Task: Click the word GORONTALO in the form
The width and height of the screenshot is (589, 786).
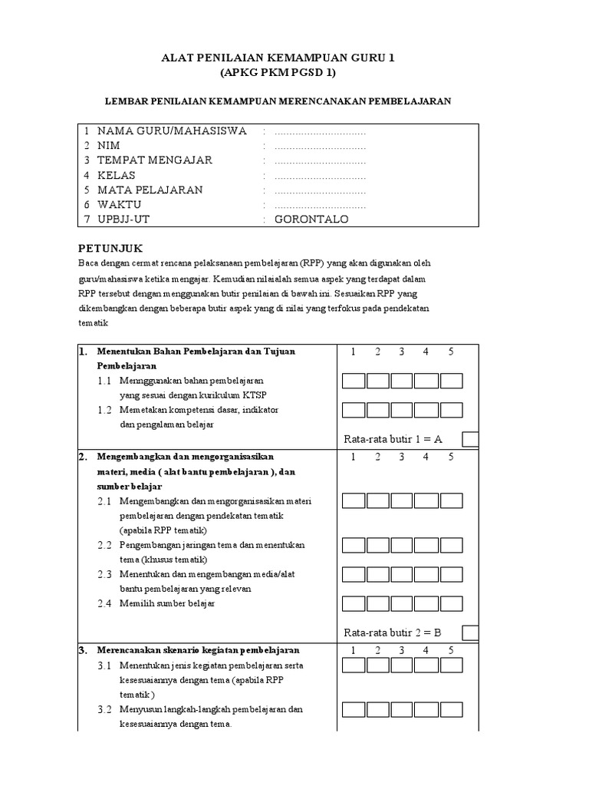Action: click(311, 220)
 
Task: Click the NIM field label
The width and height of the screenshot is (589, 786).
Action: click(108, 146)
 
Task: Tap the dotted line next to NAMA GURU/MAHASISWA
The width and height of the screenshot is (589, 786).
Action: click(320, 131)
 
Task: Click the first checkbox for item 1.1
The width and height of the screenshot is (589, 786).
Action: click(354, 381)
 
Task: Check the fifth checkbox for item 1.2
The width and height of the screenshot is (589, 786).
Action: click(451, 411)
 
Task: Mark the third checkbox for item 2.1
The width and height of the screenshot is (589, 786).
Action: click(403, 501)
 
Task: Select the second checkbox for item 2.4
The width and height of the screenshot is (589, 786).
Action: click(378, 604)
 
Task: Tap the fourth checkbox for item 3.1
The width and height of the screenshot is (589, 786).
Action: click(426, 665)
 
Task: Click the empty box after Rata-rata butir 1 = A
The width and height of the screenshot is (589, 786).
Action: click(471, 439)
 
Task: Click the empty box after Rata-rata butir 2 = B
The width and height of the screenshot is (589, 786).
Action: click(471, 632)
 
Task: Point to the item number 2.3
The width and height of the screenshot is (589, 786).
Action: click(104, 574)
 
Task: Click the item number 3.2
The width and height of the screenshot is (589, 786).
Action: click(104, 709)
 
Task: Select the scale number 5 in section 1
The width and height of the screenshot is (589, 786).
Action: click(451, 352)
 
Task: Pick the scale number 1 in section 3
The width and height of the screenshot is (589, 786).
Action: click(354, 650)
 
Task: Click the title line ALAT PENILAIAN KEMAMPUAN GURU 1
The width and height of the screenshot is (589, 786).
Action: click(278, 58)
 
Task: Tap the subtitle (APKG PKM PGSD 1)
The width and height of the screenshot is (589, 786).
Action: click(278, 73)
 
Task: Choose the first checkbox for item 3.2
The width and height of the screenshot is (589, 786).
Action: click(354, 710)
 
